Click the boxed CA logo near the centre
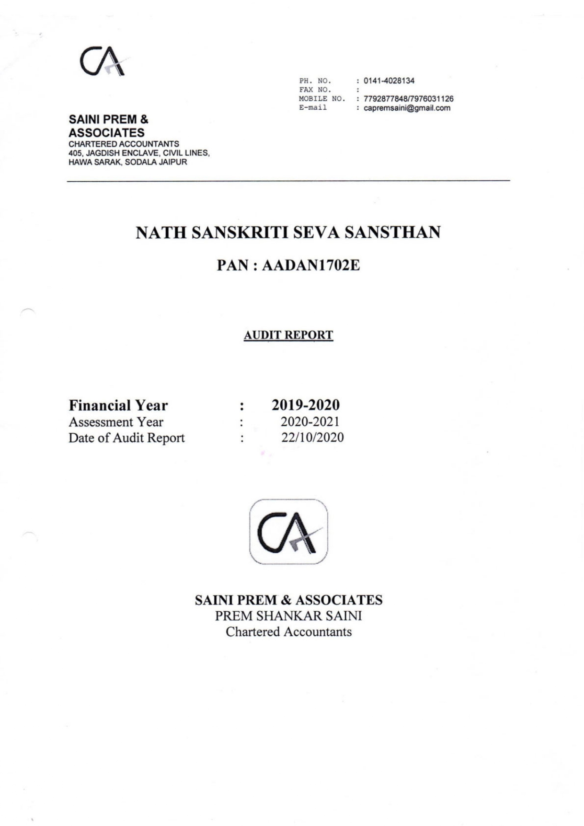[288, 532]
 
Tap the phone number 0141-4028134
[389, 81]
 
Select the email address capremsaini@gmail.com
[407, 108]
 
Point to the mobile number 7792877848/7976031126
[408, 99]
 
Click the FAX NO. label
[315, 89]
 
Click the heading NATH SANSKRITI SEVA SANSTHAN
[288, 233]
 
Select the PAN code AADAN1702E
[311, 266]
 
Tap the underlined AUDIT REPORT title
[288, 335]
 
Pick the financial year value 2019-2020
[305, 405]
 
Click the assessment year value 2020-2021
[310, 421]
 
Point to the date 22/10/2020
[312, 437]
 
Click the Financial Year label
[118, 405]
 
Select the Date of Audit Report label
[127, 438]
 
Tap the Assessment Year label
[116, 422]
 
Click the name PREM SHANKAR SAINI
[288, 616]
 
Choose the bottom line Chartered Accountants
[288, 632]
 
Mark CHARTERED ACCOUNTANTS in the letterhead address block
[124, 144]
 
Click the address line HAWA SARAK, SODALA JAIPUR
[128, 162]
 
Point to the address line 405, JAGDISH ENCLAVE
[139, 153]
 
